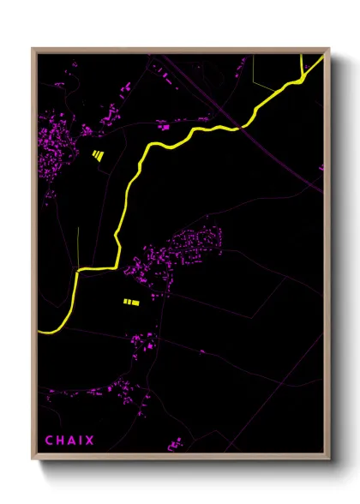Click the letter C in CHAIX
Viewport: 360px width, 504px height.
click(49, 441)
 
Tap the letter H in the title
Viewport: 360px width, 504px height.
click(61, 441)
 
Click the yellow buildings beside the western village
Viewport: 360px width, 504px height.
click(98, 155)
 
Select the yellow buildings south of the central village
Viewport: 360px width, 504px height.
click(130, 302)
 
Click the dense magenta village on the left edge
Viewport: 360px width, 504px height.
click(57, 141)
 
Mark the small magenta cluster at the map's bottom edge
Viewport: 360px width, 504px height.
click(177, 444)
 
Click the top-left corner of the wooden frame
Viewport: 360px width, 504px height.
click(33, 49)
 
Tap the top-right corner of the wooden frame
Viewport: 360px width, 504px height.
click(330, 49)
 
